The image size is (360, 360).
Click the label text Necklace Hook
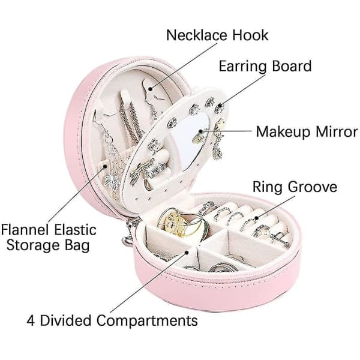(217, 35)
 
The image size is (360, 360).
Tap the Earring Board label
(265, 66)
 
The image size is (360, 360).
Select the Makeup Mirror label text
(307, 131)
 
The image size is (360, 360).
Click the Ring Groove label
(295, 187)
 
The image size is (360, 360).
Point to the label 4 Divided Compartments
(112, 320)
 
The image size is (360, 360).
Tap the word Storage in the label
(33, 245)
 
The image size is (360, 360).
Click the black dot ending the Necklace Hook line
(150, 89)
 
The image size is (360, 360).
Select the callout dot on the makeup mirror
(200, 131)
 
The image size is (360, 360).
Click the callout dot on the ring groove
(257, 218)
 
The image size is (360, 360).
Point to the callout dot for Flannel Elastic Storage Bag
(105, 166)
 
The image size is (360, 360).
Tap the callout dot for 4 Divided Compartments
(187, 253)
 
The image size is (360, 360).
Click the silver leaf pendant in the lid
(112, 180)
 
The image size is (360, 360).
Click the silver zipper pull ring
(127, 240)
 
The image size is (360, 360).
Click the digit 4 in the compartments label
(31, 320)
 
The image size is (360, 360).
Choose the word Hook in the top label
(250, 35)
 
